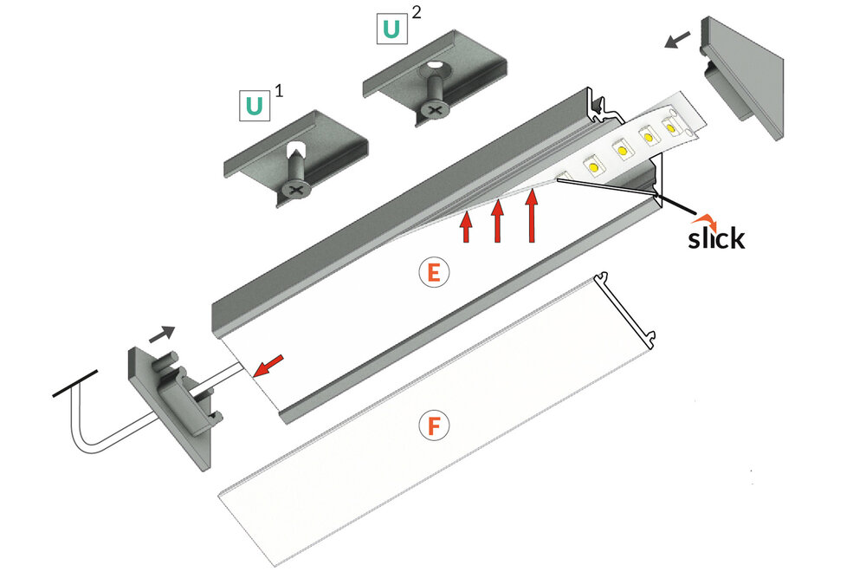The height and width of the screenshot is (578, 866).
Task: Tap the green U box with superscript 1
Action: click(255, 106)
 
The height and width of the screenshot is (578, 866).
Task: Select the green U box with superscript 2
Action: click(391, 29)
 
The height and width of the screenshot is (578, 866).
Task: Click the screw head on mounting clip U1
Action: click(296, 186)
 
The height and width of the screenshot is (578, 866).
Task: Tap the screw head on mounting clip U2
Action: click(432, 109)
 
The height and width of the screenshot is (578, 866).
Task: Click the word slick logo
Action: click(715, 236)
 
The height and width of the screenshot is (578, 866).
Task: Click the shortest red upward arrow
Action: click(466, 227)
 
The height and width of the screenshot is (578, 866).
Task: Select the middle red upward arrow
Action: click(498, 221)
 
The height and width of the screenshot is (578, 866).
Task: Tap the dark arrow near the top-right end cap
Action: click(678, 40)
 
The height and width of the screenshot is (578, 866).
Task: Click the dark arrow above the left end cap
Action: click(162, 333)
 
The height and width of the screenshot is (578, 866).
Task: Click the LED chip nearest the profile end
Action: click(672, 126)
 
